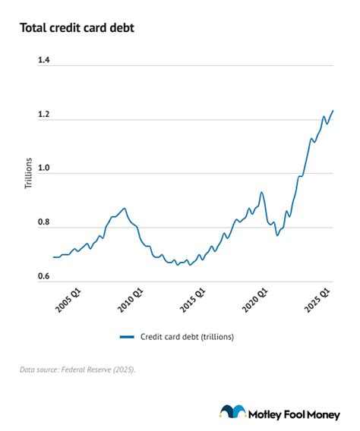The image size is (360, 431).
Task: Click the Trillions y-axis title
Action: point(29,172)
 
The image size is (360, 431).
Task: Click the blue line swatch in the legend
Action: point(127,336)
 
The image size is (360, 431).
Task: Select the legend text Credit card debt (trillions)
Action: point(186,336)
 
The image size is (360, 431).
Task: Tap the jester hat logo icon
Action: point(232,412)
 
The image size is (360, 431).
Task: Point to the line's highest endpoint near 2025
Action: point(333,111)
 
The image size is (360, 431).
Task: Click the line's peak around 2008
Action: point(125,208)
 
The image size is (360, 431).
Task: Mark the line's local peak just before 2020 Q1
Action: point(261,192)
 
